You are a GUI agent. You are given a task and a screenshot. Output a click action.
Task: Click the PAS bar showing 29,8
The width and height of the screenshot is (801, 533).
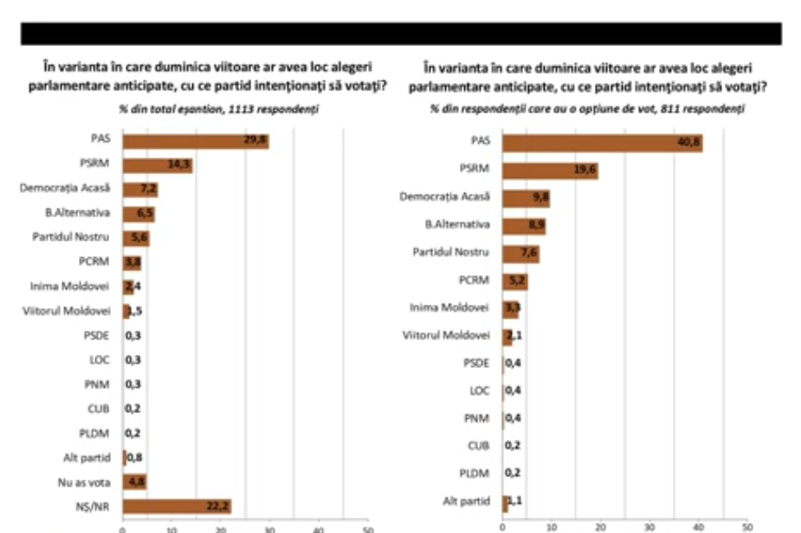[196, 141]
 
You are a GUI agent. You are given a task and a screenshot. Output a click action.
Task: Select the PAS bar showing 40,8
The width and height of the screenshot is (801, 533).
[602, 144]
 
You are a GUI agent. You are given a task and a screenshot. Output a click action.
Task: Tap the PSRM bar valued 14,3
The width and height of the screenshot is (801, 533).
[157, 165]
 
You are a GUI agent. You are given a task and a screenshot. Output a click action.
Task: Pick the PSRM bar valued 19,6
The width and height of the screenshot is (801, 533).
[550, 171]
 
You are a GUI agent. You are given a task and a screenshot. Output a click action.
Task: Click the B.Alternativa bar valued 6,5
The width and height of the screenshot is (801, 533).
[138, 214]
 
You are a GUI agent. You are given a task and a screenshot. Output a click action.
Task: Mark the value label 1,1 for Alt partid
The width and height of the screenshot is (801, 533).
[515, 501]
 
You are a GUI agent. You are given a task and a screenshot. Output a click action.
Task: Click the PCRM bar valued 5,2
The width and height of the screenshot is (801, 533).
[515, 282]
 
